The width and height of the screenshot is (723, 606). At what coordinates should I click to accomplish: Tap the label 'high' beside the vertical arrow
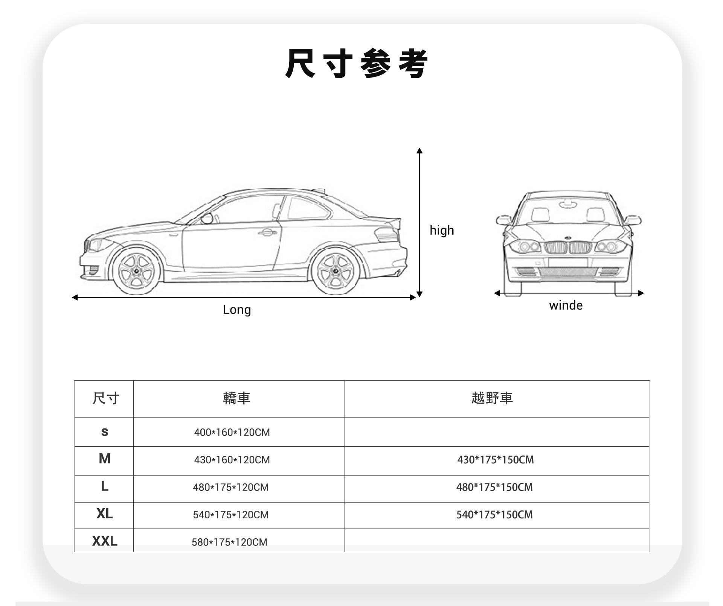[x=442, y=230]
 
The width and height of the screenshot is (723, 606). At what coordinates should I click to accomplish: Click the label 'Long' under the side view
[x=236, y=310]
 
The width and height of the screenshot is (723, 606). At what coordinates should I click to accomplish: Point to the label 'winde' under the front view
[x=566, y=305]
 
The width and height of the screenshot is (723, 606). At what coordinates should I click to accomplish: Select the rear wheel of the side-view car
[x=334, y=271]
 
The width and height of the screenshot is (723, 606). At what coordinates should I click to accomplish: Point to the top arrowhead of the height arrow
[x=419, y=151]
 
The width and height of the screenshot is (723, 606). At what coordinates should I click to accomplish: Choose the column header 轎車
[x=236, y=398]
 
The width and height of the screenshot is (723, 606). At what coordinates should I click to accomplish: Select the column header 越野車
[x=492, y=398]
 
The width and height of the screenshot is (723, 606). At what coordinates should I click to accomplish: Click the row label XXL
[x=104, y=541]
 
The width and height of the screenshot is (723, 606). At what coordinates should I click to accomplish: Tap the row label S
[x=104, y=432]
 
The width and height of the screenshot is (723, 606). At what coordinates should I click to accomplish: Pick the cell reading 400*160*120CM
[x=232, y=432]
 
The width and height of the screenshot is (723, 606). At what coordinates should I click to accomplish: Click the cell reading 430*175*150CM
[x=496, y=460]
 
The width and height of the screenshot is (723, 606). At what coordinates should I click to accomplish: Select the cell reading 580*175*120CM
[x=229, y=542]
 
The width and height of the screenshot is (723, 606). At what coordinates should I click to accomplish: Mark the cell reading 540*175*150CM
[x=494, y=515]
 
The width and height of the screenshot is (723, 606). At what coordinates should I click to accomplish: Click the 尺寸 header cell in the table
[x=106, y=398]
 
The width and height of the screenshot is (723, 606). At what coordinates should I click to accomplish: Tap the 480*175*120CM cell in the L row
[x=230, y=487]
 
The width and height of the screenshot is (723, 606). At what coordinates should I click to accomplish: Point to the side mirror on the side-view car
[x=206, y=218]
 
